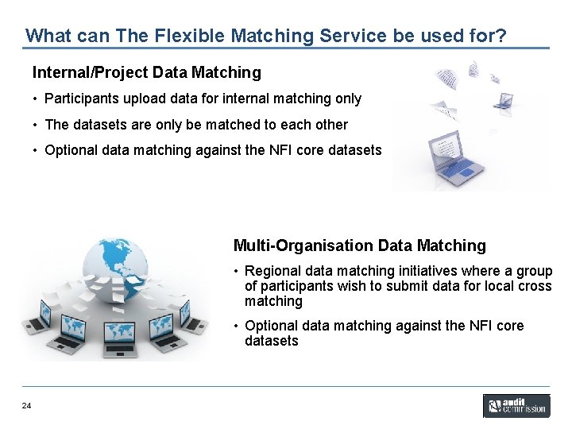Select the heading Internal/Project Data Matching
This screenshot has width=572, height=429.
[x=146, y=73]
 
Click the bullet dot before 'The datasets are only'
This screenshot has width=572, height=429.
[x=36, y=125]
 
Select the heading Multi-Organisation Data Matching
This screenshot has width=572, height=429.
[x=359, y=245]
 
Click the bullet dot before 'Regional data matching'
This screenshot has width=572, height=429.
[x=237, y=272]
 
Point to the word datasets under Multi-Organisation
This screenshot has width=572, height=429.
[x=272, y=341]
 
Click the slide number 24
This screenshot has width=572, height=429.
[x=27, y=407]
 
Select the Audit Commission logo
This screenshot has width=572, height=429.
[x=516, y=406]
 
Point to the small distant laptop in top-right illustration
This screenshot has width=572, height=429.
[x=502, y=100]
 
